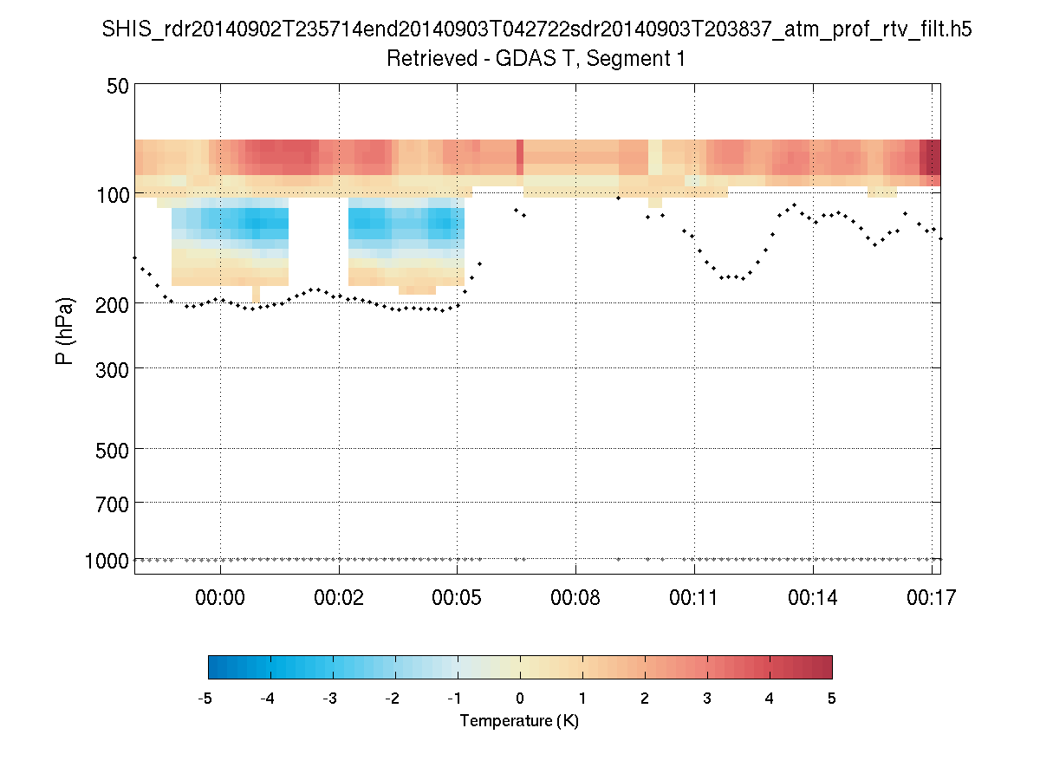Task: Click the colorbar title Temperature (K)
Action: (519, 721)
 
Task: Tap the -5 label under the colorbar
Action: (206, 699)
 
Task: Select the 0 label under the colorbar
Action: (520, 699)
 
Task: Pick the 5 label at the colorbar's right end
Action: (832, 699)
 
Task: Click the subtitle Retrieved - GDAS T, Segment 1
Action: (536, 59)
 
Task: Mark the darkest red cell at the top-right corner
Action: (930, 157)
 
